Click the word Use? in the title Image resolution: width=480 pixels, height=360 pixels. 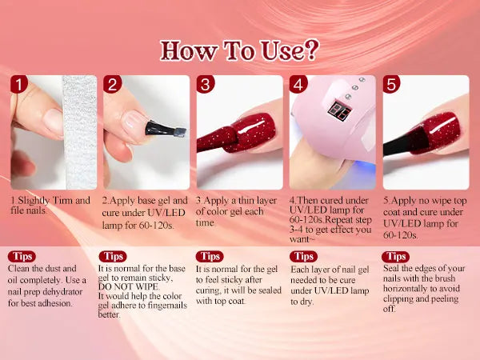point(290,50)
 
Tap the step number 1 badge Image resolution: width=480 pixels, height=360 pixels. point(19,84)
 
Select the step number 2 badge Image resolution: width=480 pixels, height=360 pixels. point(112,84)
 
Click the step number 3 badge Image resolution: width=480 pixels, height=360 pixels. point(205,84)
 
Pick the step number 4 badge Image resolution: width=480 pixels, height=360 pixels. point(298,84)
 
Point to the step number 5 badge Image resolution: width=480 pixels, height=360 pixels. point(391,84)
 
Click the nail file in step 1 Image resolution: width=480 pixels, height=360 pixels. point(80,132)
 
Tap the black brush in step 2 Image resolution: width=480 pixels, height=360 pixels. point(166,129)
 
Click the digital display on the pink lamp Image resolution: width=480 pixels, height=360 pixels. point(339,110)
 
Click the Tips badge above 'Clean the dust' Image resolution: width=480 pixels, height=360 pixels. point(22,257)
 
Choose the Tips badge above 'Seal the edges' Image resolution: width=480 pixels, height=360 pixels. point(395,257)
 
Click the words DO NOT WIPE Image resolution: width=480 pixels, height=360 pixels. point(128,287)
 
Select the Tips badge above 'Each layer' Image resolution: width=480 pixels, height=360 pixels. point(303,257)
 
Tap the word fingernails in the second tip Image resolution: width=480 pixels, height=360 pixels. point(167,306)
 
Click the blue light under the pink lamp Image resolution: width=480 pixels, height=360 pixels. point(364,168)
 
